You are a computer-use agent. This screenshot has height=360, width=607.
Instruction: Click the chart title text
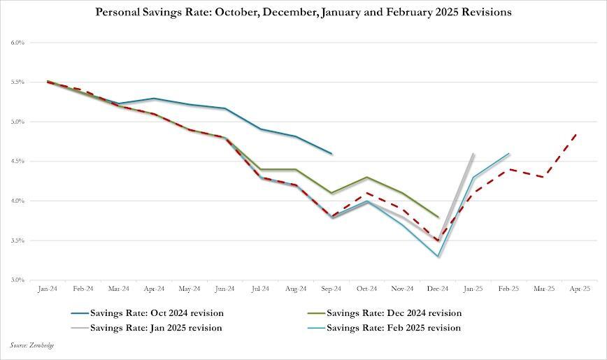point(303,12)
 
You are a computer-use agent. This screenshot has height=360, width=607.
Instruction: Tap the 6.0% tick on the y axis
point(18,43)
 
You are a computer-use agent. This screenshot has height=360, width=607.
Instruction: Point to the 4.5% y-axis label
point(18,161)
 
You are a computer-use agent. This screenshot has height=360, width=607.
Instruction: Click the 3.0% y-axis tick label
point(18,280)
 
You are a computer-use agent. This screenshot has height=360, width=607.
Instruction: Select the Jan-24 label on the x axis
point(48,288)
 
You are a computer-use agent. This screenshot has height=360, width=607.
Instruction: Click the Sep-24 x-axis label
point(331,288)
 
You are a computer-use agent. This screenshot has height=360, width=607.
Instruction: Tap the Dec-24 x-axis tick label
point(438,288)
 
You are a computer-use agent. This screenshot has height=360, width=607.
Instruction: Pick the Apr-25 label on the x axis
point(580,288)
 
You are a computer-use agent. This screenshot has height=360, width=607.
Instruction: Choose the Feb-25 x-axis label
point(509,288)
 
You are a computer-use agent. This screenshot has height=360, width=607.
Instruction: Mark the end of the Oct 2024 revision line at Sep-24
point(331,153)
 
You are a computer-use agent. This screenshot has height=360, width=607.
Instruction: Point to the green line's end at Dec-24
point(438,217)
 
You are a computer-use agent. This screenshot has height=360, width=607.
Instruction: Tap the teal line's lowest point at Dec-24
point(438,257)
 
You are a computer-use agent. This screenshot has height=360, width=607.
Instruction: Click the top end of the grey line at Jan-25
point(474,153)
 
